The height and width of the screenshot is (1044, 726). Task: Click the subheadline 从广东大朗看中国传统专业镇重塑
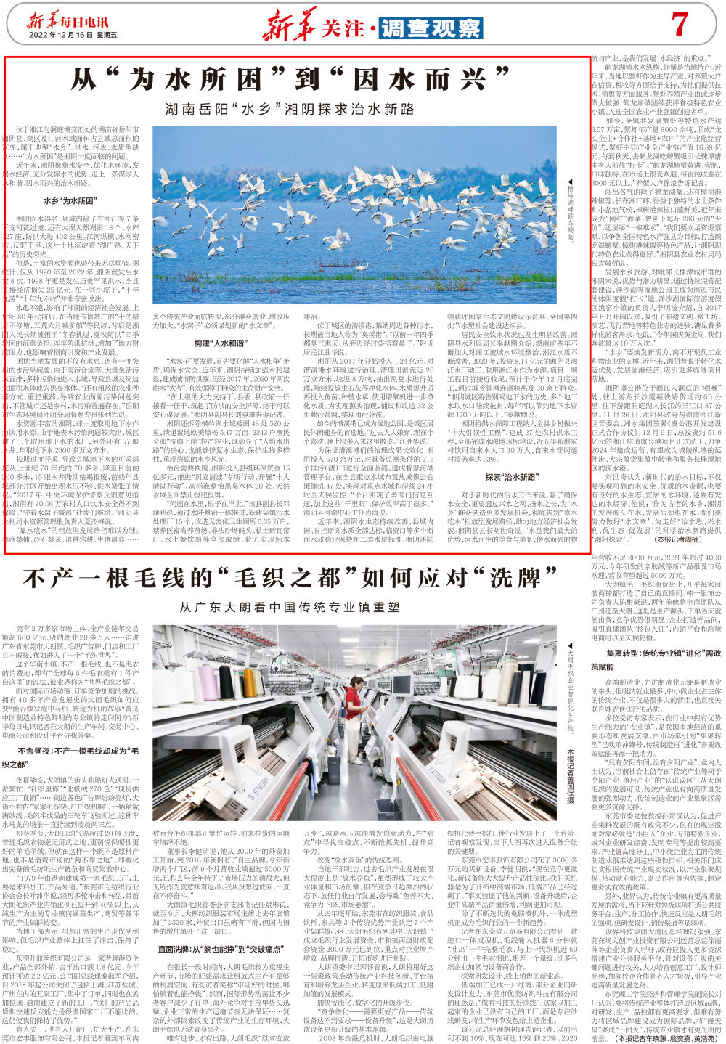click(x=290, y=607)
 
